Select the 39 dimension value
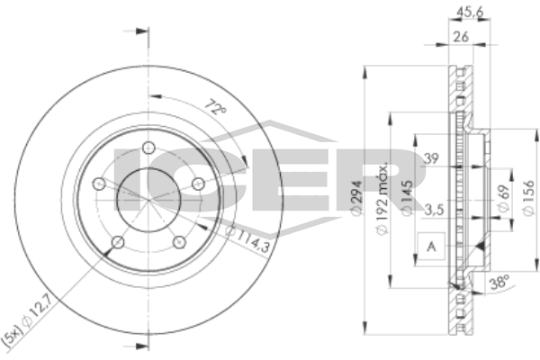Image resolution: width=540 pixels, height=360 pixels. pyautogui.click(x=431, y=158)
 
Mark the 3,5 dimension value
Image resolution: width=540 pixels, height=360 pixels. pyautogui.click(x=433, y=210)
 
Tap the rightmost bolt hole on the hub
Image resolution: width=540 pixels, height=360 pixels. pyautogui.click(x=197, y=184)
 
